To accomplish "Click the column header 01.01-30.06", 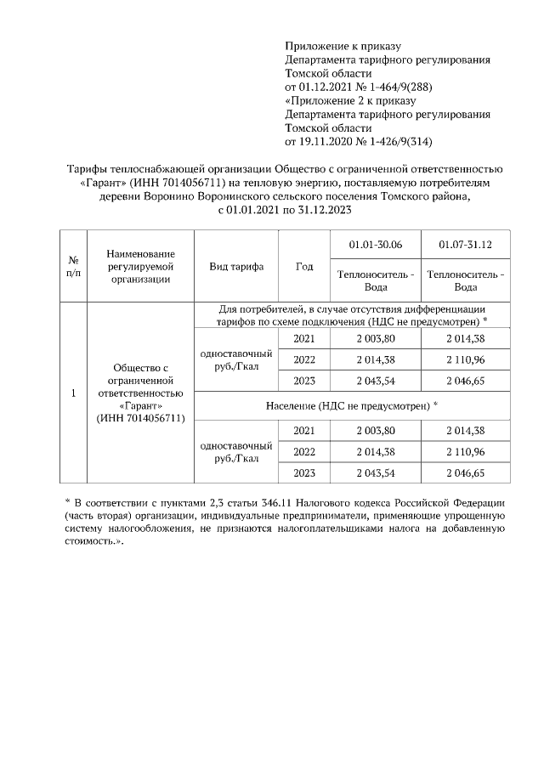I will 375,246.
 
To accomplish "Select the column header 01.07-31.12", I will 465,246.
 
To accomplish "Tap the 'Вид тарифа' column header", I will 236,266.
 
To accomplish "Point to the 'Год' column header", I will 304,266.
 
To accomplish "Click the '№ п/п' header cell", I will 74,266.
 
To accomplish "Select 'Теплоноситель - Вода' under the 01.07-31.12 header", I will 465,280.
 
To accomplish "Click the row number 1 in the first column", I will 74,393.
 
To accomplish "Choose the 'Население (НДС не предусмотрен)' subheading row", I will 352,406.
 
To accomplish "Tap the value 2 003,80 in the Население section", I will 375,431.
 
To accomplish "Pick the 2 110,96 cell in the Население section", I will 465,452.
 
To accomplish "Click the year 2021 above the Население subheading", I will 304,339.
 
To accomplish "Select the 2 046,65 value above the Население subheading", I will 465,380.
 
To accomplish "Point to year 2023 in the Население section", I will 304,472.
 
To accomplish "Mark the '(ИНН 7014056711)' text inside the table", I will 141,418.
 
